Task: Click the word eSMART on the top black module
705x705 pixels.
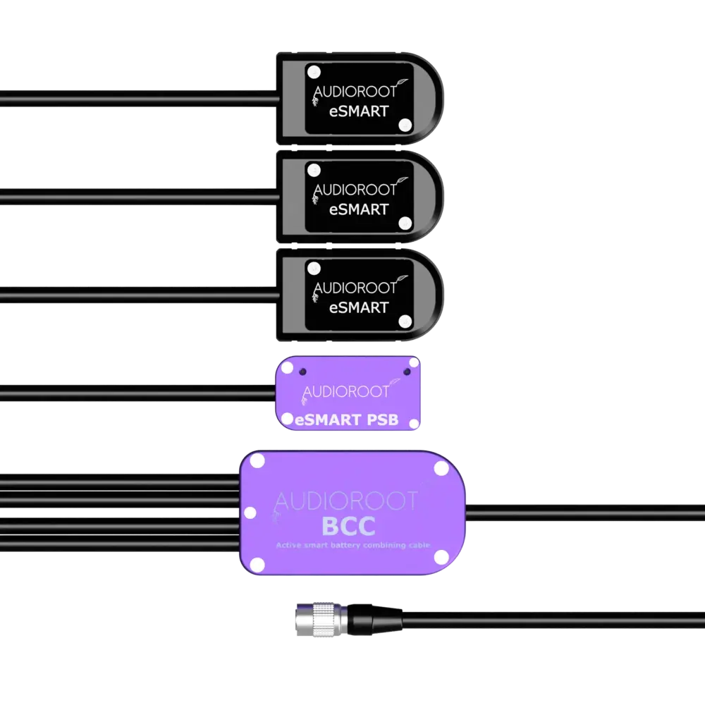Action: [360, 111]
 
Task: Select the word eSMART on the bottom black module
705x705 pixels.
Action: [360, 307]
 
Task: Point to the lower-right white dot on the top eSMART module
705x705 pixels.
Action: [405, 125]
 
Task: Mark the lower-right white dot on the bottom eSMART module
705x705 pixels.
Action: [405, 321]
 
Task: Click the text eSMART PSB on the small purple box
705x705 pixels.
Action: [347, 420]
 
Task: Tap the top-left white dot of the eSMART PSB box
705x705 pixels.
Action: [287, 367]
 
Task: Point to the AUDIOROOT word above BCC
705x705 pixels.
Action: [345, 501]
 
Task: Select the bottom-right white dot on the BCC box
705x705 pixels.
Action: [441, 557]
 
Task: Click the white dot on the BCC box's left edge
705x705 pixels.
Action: [249, 512]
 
